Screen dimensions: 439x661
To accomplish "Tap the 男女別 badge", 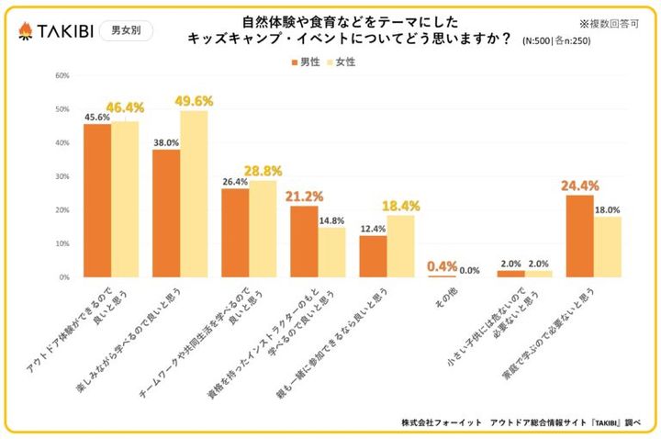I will pyautogui.click(x=125, y=31).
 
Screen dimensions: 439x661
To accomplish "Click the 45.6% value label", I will pyautogui.click(x=96, y=118).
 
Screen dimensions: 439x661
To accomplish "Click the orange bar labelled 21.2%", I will pyautogui.click(x=304, y=242).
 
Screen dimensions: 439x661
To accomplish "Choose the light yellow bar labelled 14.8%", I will pyautogui.click(x=331, y=253).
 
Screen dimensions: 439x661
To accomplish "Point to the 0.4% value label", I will pyautogui.click(x=443, y=267).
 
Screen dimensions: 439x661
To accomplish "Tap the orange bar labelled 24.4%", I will pyautogui.click(x=580, y=236).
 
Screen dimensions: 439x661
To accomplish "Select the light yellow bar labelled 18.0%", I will pyautogui.click(x=608, y=247).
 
